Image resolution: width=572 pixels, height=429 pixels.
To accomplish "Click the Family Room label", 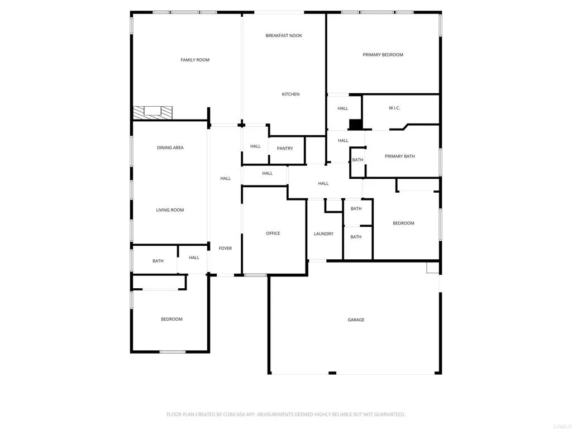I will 195,60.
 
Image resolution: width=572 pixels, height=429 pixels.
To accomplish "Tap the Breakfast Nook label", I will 284,36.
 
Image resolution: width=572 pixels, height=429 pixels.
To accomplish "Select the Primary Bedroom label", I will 383,55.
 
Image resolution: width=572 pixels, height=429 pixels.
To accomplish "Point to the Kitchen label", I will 290,94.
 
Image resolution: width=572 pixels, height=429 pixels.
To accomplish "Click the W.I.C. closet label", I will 394,108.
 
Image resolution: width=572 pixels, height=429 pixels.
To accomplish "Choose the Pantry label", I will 285,149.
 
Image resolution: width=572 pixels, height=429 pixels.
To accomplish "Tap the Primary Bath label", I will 400,156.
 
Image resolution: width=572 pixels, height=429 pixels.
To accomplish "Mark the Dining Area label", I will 170,148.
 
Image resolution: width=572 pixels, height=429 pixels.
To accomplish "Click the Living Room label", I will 170,211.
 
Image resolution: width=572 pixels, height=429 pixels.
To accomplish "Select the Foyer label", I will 225,249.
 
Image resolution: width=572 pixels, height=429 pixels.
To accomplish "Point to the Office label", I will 273,233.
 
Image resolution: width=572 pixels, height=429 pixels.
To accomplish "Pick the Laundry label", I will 323,234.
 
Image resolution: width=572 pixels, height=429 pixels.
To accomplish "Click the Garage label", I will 356,320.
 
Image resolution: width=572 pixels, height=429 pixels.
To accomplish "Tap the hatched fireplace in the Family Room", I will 152,112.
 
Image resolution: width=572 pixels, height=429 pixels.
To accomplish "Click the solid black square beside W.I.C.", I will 355,125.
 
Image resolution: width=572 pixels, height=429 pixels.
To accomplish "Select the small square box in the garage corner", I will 432,268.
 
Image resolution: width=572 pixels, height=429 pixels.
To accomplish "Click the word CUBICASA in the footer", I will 227,414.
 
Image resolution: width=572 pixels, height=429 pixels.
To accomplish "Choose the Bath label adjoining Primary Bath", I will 357,160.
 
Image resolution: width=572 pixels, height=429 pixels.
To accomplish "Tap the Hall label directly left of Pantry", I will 255,146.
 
